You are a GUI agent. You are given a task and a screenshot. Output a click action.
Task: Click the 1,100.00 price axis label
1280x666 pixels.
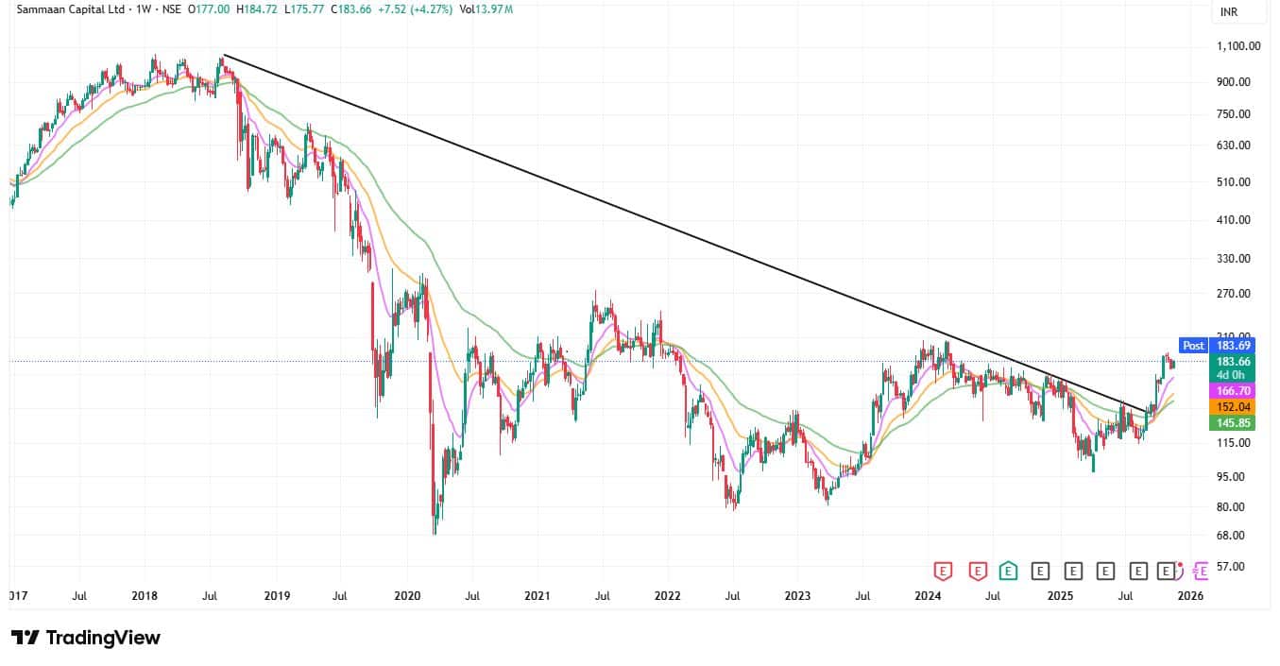[1237, 46]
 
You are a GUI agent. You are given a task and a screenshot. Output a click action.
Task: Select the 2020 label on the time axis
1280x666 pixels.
[407, 596]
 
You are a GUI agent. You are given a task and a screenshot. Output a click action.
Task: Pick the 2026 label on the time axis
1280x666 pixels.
[1189, 596]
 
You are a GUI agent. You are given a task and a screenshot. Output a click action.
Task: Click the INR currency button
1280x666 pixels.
[1229, 12]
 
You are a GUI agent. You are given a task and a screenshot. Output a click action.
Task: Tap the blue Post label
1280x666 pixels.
[1193, 346]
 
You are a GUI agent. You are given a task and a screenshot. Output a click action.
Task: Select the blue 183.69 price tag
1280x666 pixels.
[1234, 346]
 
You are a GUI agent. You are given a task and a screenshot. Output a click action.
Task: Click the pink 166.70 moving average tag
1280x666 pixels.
[1234, 390]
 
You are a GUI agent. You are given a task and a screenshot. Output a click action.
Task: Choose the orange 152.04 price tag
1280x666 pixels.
[1234, 407]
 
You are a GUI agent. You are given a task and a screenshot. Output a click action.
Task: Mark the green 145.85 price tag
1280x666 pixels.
[1234, 423]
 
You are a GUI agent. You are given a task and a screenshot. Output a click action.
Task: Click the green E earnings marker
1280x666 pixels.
[1009, 571]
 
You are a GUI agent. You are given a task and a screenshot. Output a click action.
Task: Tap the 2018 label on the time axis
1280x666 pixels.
[145, 596]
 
